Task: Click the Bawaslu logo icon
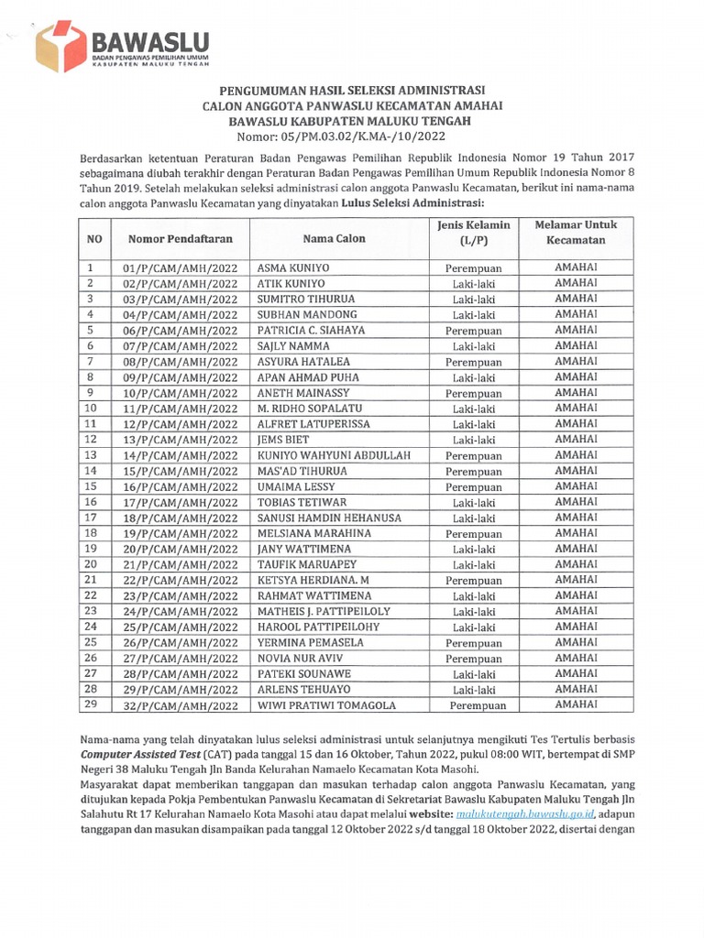(x=60, y=46)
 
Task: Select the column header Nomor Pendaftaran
(x=181, y=239)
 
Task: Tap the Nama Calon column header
(x=334, y=239)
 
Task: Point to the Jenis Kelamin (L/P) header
(x=473, y=233)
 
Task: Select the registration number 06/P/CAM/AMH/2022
(x=180, y=330)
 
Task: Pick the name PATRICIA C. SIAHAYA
(x=311, y=330)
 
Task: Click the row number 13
(x=91, y=455)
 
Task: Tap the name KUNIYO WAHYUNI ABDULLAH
(x=333, y=455)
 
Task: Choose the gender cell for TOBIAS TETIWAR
(x=473, y=502)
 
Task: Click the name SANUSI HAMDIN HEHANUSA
(x=329, y=518)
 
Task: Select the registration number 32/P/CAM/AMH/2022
(x=180, y=705)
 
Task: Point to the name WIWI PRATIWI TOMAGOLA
(x=326, y=705)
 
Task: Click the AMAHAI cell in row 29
(x=577, y=703)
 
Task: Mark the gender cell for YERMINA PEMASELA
(x=473, y=643)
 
